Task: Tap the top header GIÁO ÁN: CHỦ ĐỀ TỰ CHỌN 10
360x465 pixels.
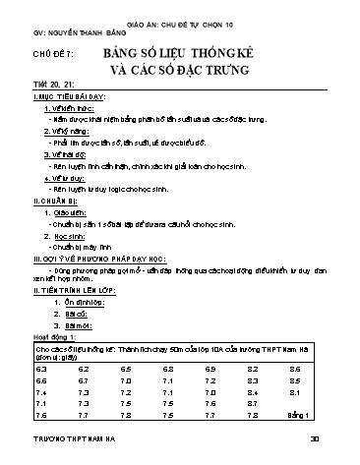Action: coord(184,20)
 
